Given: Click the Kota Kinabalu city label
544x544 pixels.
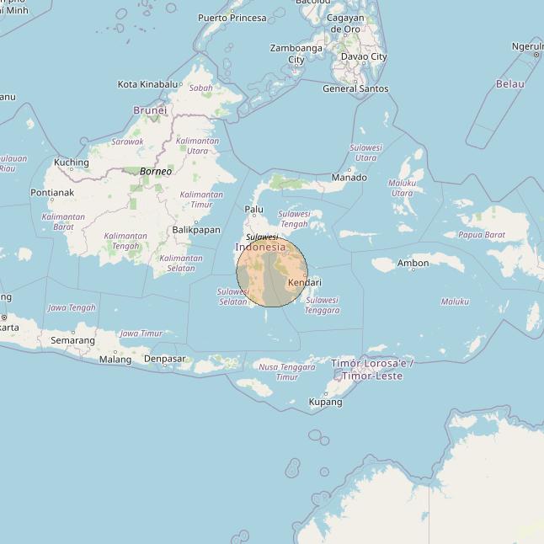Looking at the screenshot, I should tap(147, 84).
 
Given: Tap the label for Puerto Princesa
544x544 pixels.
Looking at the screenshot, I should tap(232, 18).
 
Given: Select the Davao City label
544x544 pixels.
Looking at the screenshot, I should tap(363, 57).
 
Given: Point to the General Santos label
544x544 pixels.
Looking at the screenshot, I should tap(355, 88).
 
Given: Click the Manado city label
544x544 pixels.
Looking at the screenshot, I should tap(349, 178).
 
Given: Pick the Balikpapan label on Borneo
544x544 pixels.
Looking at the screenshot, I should tap(195, 230).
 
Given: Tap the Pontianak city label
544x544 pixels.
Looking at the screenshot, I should tap(52, 193).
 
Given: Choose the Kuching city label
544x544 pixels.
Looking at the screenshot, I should tap(71, 163).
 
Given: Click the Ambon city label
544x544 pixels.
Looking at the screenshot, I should tap(413, 264).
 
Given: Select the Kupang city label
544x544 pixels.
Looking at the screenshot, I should tap(326, 403).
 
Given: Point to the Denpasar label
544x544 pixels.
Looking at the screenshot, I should tap(164, 359).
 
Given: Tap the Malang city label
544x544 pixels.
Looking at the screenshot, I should tap(115, 360).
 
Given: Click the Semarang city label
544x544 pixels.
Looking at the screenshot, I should tap(72, 340).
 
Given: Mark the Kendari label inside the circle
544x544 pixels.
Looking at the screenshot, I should tap(304, 283).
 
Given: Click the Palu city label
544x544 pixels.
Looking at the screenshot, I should tap(253, 210).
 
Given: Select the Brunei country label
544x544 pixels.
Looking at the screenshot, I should tap(150, 110).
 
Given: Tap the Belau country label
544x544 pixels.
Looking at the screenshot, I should tap(509, 84).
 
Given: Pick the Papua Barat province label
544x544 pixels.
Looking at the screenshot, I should tap(481, 236).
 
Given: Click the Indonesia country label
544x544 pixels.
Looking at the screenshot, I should tap(260, 248).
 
